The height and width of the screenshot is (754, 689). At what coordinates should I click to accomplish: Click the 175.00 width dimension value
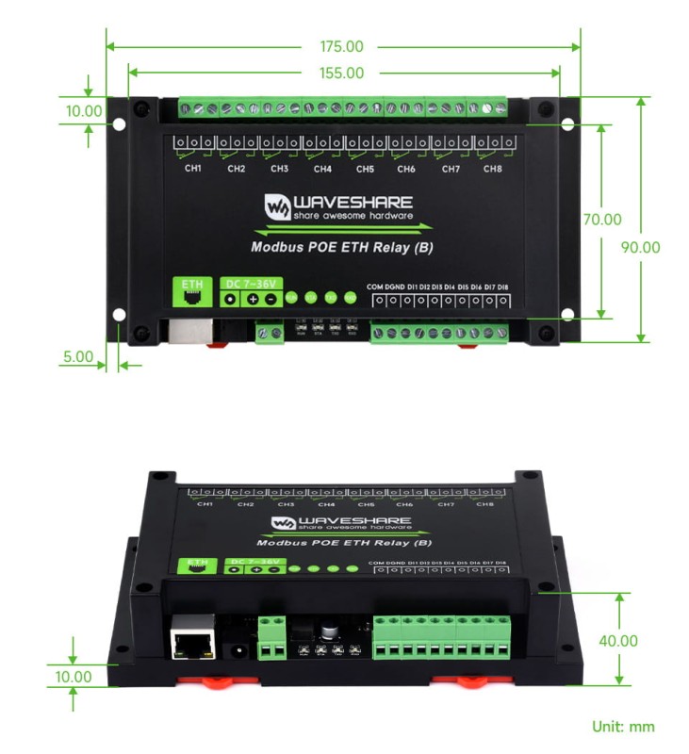[342, 46]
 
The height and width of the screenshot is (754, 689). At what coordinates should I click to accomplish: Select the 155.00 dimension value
[342, 73]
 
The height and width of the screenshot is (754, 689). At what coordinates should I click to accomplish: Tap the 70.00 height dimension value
[602, 220]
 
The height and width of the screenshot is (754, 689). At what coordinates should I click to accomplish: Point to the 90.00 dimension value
[641, 248]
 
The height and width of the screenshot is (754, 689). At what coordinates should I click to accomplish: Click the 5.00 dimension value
[78, 357]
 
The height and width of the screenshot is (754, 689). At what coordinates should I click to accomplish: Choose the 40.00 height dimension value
[618, 641]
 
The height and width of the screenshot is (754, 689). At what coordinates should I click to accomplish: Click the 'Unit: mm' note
[623, 727]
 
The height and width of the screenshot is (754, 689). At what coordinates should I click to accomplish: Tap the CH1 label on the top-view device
[193, 169]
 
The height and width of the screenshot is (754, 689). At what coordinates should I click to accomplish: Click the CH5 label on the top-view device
[365, 169]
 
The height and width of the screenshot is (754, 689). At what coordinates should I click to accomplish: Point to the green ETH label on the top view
[191, 283]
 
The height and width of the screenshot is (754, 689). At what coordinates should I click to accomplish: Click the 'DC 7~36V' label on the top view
[250, 283]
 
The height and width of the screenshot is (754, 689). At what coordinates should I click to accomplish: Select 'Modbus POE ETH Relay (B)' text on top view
[340, 249]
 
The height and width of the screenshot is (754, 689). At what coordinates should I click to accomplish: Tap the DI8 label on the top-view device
[502, 287]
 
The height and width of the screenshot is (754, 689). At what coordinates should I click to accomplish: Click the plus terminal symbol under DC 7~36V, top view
[253, 299]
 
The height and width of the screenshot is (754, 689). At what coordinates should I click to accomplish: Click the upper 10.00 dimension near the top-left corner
[83, 110]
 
